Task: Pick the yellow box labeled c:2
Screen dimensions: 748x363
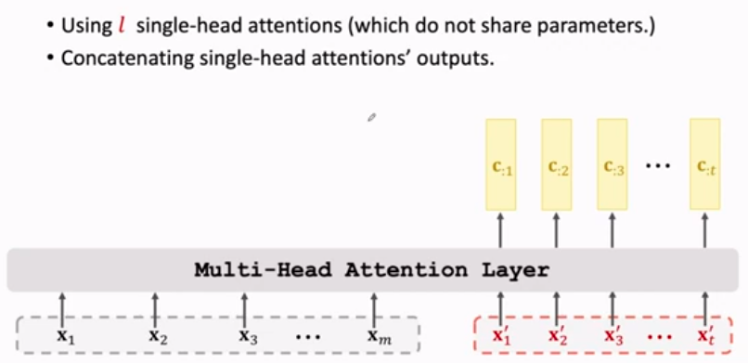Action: pos(556,164)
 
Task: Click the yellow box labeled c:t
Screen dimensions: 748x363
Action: pos(704,164)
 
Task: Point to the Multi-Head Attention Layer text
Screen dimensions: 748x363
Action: pos(371,271)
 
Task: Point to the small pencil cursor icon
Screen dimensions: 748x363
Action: pos(371,117)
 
